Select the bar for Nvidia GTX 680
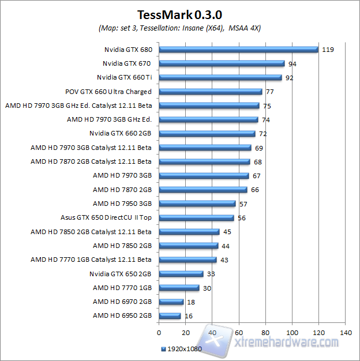(x=238, y=50)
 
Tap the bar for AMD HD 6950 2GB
(x=170, y=315)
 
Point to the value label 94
(x=292, y=63)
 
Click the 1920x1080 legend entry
(x=181, y=349)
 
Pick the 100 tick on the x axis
(x=292, y=333)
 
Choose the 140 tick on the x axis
(x=346, y=333)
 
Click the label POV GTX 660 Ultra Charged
(x=108, y=91)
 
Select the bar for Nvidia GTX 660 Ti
(x=220, y=77)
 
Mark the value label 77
(x=269, y=91)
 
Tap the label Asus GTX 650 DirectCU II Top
(x=106, y=217)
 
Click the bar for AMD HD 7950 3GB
(x=197, y=204)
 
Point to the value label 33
(x=211, y=274)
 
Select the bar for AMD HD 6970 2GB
(x=171, y=302)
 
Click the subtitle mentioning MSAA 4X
(x=180, y=28)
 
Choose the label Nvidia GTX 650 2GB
(x=121, y=273)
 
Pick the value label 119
(x=328, y=50)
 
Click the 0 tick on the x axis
(x=159, y=333)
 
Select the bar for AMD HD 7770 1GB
(x=179, y=288)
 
